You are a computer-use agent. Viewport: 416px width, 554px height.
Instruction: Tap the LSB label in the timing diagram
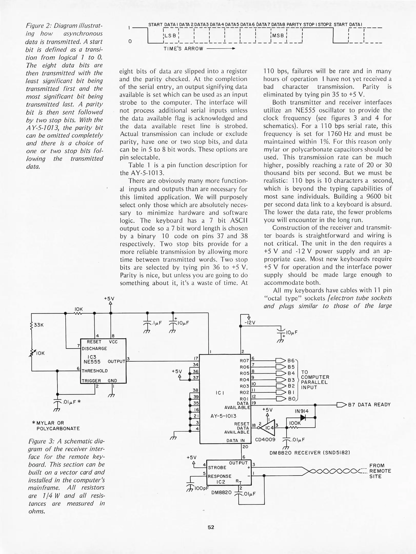170,36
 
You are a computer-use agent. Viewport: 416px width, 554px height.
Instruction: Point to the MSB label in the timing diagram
278,36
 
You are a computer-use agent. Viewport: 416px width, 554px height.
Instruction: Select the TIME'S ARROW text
183,49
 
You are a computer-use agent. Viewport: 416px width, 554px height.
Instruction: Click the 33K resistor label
39,325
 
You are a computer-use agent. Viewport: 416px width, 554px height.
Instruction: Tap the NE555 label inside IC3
92,362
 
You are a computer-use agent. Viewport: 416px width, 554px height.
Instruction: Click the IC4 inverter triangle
269,428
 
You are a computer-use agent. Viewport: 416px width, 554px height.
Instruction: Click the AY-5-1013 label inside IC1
223,416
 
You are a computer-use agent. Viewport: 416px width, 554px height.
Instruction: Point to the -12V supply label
250,323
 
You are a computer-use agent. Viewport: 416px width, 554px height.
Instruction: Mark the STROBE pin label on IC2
217,468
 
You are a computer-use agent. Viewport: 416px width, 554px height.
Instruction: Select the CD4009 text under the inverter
265,440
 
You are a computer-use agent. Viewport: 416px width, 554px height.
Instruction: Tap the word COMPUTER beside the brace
315,377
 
